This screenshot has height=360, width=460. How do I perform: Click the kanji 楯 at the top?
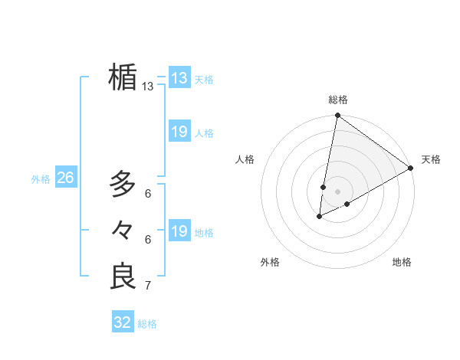pyautogui.click(x=123, y=77)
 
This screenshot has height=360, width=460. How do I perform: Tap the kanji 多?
pyautogui.click(x=123, y=184)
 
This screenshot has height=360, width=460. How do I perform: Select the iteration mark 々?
pyautogui.click(x=123, y=230)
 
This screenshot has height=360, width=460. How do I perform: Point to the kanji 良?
pyautogui.click(x=123, y=277)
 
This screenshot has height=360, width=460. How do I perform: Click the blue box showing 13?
pyautogui.click(x=179, y=78)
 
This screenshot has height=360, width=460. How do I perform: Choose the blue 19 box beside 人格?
pyautogui.click(x=179, y=132)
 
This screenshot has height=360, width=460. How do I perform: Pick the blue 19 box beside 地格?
pyautogui.click(x=179, y=231)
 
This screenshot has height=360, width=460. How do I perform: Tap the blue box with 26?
pyautogui.click(x=65, y=178)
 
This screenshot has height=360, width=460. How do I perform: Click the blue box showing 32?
pyautogui.click(x=123, y=322)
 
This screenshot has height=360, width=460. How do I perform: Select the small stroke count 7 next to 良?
pyautogui.click(x=148, y=286)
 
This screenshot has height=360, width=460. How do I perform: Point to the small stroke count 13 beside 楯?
pyautogui.click(x=148, y=87)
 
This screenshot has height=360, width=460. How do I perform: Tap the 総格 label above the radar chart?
pyautogui.click(x=337, y=100)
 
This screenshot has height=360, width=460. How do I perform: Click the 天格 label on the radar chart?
pyautogui.click(x=431, y=159)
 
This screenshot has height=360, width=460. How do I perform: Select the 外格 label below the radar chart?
pyautogui.click(x=270, y=262)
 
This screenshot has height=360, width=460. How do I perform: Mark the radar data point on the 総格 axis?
pyautogui.click(x=337, y=116)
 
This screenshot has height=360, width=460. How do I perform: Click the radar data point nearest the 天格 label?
pyautogui.click(x=411, y=168)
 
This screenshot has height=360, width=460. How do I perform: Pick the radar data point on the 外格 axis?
pyautogui.click(x=319, y=217)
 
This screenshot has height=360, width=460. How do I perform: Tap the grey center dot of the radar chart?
pyautogui.click(x=337, y=191)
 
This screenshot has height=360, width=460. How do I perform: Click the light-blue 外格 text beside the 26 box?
pyautogui.click(x=41, y=179)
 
